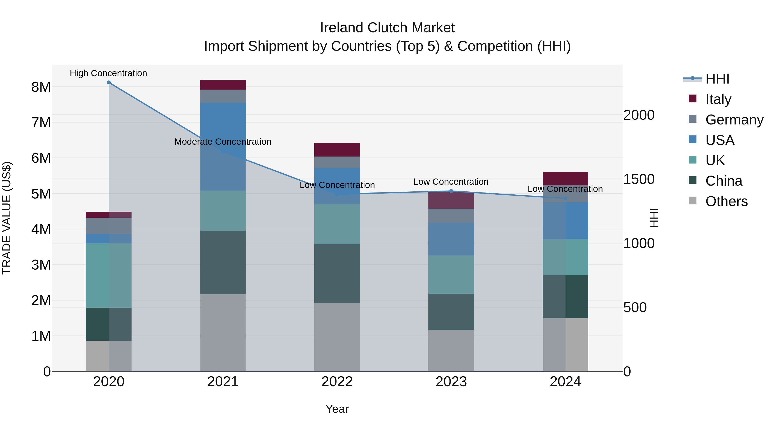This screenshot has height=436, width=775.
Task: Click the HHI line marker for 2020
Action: tap(109, 82)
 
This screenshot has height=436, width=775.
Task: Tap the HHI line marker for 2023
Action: tap(451, 191)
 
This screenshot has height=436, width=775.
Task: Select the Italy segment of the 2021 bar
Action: tap(223, 85)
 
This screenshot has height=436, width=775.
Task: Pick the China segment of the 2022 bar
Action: tap(337, 273)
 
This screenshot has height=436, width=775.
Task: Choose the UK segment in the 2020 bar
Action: tap(109, 275)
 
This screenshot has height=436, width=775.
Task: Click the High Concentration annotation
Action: tap(108, 73)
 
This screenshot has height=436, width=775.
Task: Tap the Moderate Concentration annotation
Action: tap(223, 141)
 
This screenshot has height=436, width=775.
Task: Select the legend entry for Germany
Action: tap(734, 120)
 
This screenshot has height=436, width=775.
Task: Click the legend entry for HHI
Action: tap(717, 79)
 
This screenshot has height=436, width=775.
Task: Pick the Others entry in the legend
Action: tap(726, 201)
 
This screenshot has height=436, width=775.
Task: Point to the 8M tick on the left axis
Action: tap(41, 87)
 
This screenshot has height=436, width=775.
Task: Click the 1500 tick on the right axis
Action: tap(639, 179)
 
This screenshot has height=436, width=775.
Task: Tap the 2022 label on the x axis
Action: tap(337, 382)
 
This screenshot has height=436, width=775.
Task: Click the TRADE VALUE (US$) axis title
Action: tap(7, 218)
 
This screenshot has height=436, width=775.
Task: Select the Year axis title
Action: tap(337, 409)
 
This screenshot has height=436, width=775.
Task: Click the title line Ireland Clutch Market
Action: tap(387, 28)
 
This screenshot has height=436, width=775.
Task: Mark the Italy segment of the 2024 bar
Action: tap(565, 178)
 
